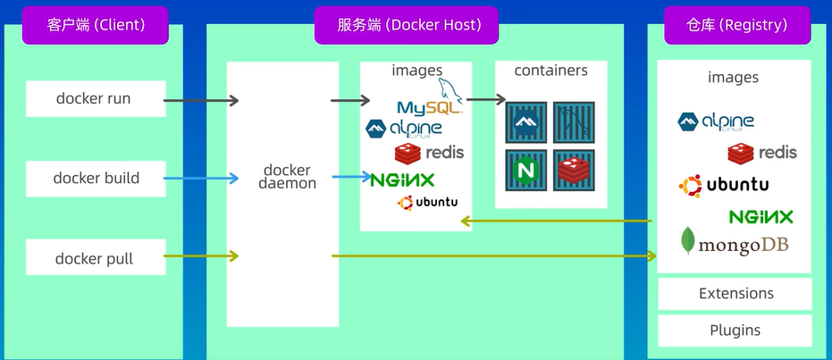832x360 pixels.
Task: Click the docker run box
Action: (93, 98)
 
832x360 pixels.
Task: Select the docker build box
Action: (96, 178)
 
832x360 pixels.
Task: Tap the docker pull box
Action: (94, 258)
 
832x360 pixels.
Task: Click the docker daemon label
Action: (287, 176)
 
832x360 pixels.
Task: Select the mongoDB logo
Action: (735, 243)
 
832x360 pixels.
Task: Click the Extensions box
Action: (735, 293)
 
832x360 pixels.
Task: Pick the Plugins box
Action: (735, 330)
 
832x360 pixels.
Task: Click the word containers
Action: (550, 71)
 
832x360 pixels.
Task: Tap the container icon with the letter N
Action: (525, 170)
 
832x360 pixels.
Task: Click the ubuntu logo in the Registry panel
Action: (724, 186)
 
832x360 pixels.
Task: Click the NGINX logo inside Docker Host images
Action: (402, 179)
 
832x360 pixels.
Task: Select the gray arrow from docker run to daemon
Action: (201, 100)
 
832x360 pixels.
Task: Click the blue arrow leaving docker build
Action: (201, 179)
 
